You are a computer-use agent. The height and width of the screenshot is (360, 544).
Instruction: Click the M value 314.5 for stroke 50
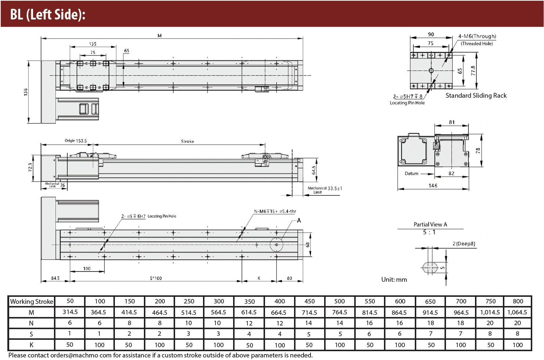70,312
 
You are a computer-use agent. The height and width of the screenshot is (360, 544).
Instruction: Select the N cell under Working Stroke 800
518,323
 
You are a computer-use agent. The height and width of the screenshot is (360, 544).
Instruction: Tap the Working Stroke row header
32,302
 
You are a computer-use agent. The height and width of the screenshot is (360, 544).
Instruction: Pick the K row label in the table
32,345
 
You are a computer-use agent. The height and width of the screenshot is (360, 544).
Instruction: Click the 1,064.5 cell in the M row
517,312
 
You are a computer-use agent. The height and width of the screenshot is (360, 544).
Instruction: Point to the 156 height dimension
26,92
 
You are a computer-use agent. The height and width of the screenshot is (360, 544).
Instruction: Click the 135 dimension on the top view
93,44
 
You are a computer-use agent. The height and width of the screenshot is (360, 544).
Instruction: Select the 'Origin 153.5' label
76,140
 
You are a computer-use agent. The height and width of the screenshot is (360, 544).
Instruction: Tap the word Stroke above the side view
188,141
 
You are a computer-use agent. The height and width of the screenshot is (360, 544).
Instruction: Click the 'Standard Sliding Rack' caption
476,96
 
